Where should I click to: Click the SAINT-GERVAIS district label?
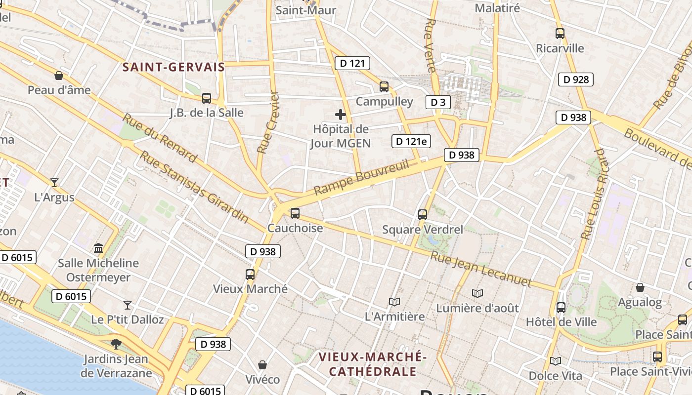pyautogui.click(x=173, y=67)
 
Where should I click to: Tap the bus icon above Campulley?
pyautogui.click(x=384, y=87)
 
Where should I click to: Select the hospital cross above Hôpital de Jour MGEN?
pyautogui.click(x=341, y=115)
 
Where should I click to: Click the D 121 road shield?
pyautogui.click(x=352, y=63)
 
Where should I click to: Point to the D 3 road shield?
pyautogui.click(x=438, y=102)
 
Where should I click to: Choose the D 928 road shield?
pyautogui.click(x=575, y=79)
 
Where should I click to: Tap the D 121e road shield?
pyautogui.click(x=411, y=141)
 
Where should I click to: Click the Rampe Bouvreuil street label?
pyautogui.click(x=362, y=177)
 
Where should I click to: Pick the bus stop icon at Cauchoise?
pyautogui.click(x=295, y=213)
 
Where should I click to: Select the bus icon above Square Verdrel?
pyautogui.click(x=423, y=214)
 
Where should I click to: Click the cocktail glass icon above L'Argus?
pyautogui.click(x=54, y=182)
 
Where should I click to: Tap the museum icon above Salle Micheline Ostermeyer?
pyautogui.click(x=98, y=248)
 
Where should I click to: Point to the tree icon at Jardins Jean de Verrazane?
pyautogui.click(x=116, y=343)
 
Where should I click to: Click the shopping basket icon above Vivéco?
pyautogui.click(x=262, y=365)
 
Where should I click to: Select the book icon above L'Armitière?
pyautogui.click(x=394, y=302)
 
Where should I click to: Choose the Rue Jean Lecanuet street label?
pyautogui.click(x=480, y=270)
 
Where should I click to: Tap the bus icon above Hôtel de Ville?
pyautogui.click(x=561, y=308)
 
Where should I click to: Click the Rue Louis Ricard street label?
pyautogui.click(x=593, y=194)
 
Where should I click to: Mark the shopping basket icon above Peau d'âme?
pyautogui.click(x=59, y=76)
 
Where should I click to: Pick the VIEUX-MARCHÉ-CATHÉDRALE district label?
pyautogui.click(x=372, y=364)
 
